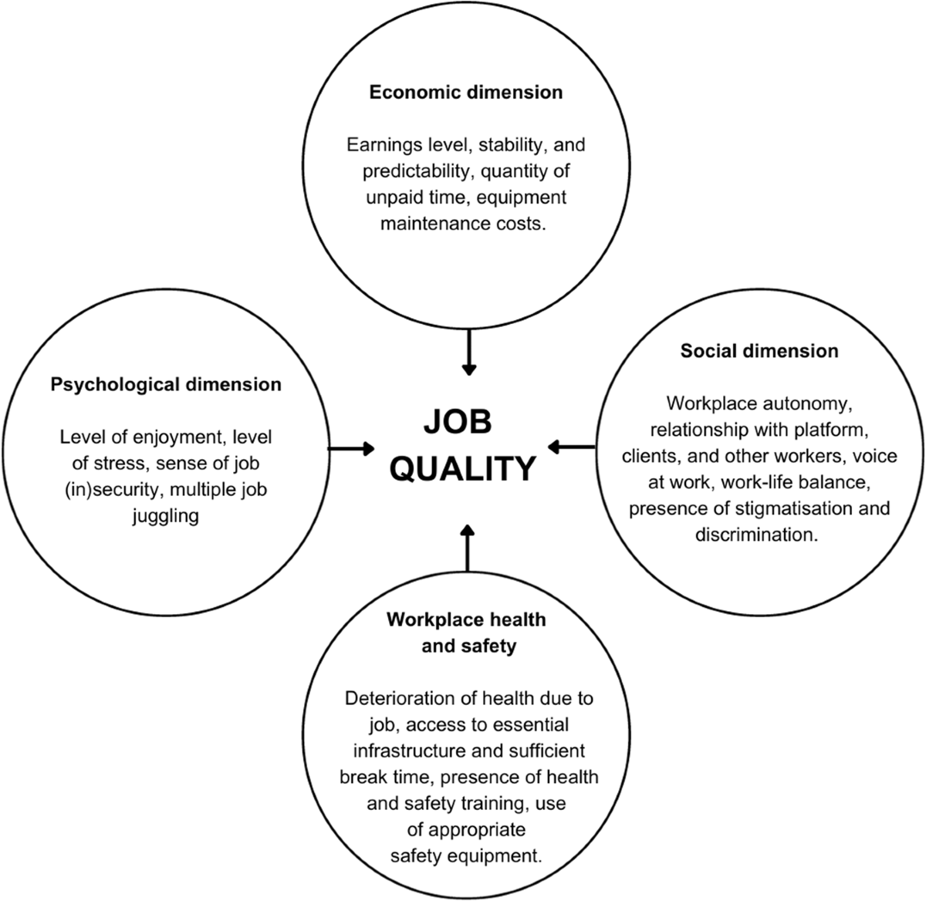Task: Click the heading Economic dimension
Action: click(466, 93)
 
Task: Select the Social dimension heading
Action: click(759, 352)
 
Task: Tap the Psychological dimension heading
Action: click(166, 384)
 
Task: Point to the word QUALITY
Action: click(462, 468)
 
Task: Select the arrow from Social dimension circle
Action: click(572, 446)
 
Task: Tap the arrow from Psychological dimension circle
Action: click(352, 447)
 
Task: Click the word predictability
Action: click(401, 171)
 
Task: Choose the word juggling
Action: click(166, 515)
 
